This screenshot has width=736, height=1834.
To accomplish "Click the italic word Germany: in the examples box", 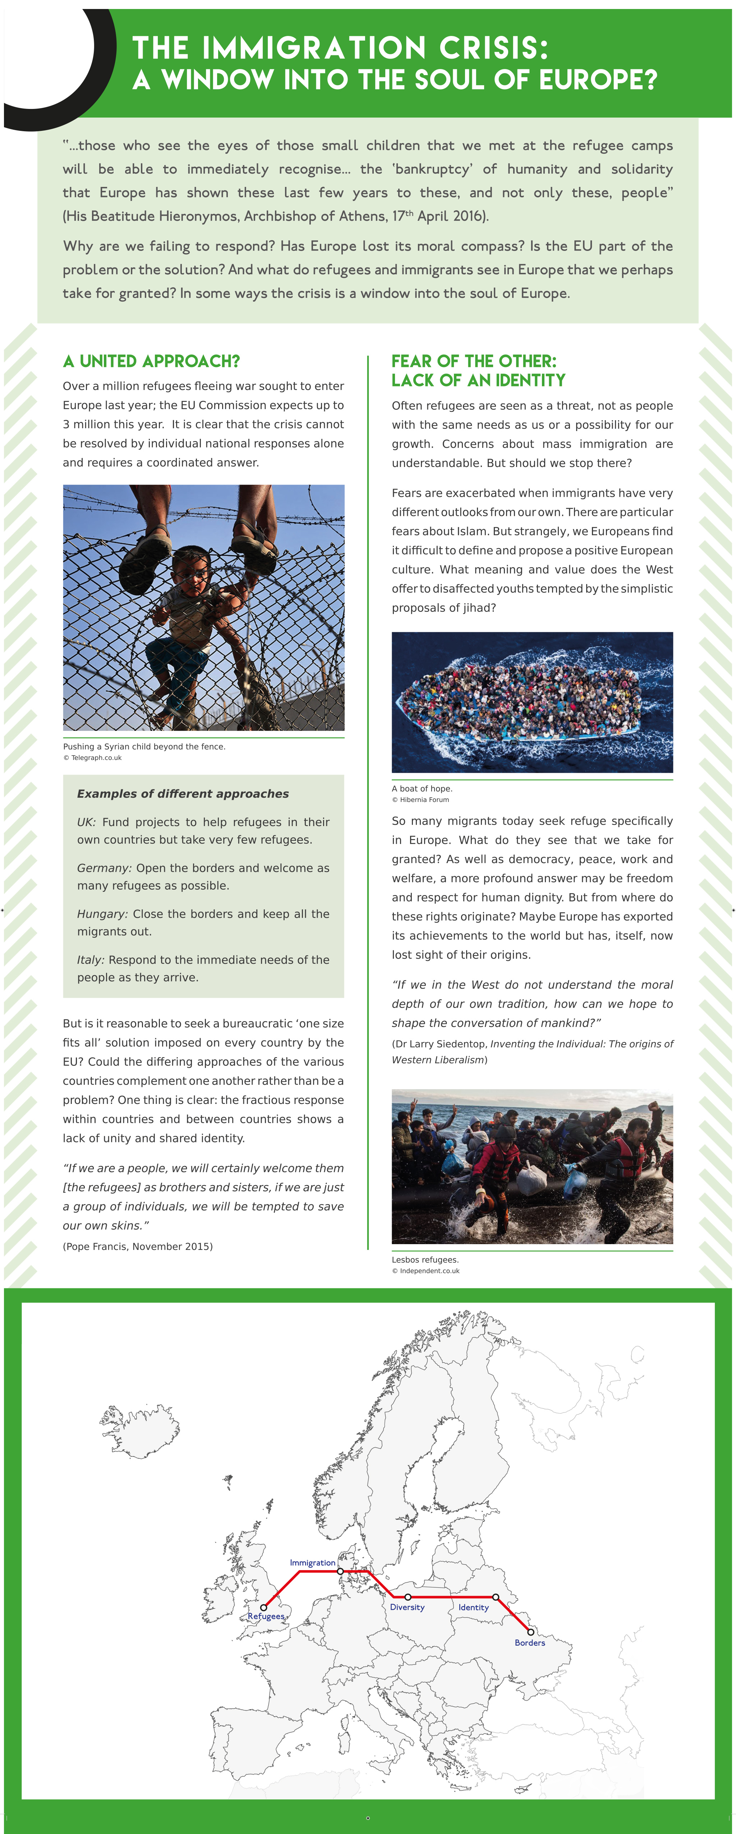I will [104, 868].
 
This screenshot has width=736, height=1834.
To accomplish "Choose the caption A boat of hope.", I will [422, 788].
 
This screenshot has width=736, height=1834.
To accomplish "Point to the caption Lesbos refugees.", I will [425, 1260].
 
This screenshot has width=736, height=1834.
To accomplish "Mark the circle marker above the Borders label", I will [530, 1632].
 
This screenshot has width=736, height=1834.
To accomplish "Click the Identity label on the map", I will [473, 1608].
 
